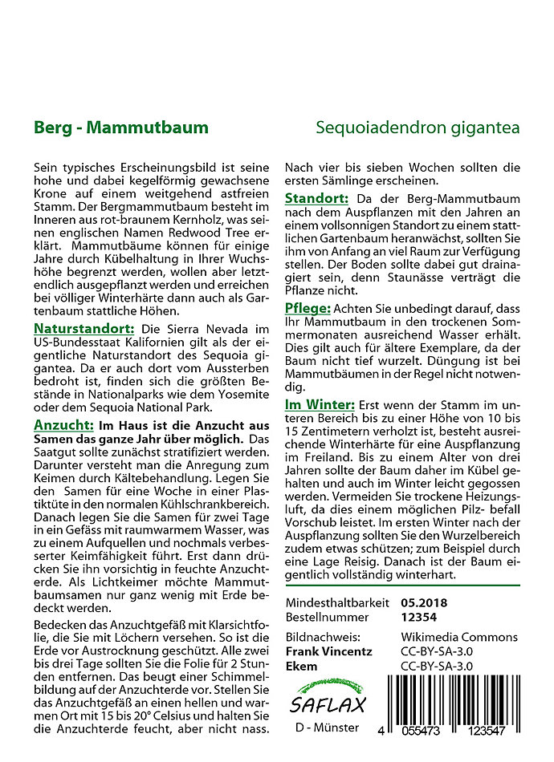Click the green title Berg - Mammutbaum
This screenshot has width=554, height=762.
[x=121, y=128]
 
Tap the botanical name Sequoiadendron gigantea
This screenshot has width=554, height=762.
[x=418, y=128]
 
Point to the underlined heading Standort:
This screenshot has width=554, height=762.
[x=317, y=198]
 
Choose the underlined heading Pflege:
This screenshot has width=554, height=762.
[x=307, y=309]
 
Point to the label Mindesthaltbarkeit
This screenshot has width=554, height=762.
[x=337, y=602]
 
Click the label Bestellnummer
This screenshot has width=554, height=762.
[x=327, y=618]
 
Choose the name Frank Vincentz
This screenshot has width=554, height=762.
[x=328, y=651]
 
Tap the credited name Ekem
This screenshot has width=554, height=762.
[x=302, y=667]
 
